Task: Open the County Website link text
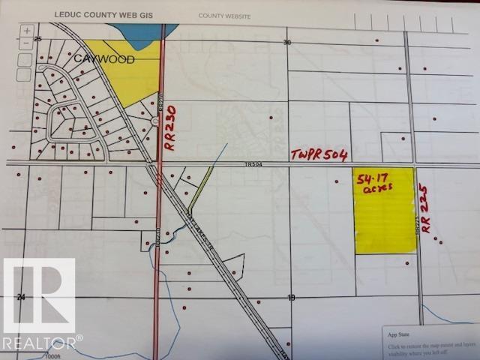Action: coord(224,15)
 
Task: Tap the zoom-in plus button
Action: coord(27,31)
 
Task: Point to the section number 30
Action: coord(286,43)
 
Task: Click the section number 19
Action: coord(291,298)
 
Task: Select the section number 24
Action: coord(22,298)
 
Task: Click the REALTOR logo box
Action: coord(38,295)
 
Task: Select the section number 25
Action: coord(37,37)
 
